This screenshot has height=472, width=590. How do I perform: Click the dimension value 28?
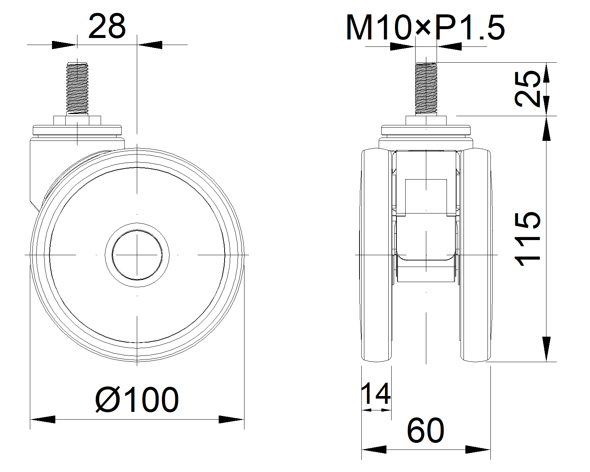click(x=107, y=27)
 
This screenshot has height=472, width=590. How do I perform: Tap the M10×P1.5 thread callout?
click(x=425, y=27)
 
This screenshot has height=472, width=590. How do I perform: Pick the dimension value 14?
click(x=376, y=394)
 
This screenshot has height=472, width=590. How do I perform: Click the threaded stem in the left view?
click(x=77, y=88)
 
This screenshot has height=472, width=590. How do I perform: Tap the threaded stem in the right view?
click(x=426, y=88)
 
